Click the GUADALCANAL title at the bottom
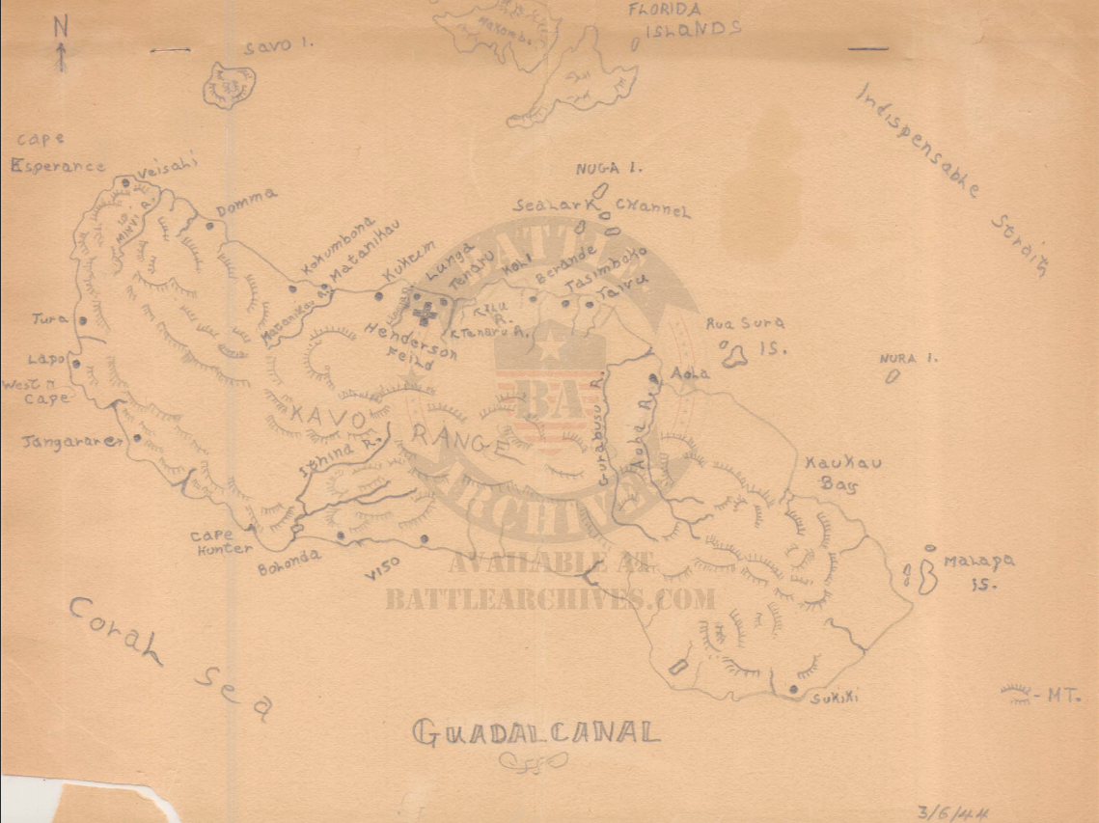click(x=536, y=732)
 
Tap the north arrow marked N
click(x=61, y=43)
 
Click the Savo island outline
click(x=229, y=85)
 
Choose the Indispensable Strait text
click(x=950, y=179)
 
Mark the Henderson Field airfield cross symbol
click(x=423, y=312)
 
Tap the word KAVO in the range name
click(x=328, y=419)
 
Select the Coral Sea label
click(x=169, y=657)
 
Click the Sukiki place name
click(x=835, y=697)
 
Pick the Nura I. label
click(x=909, y=359)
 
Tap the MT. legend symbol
click(x=1015, y=692)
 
